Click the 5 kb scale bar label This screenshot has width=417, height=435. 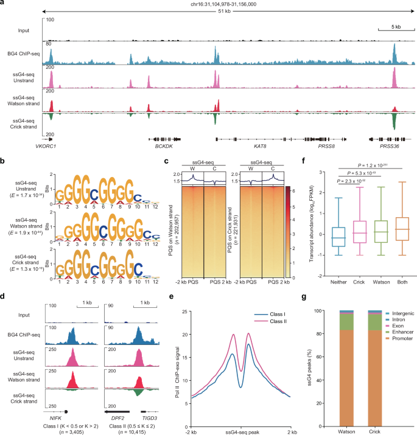pyautogui.click(x=388, y=27)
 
